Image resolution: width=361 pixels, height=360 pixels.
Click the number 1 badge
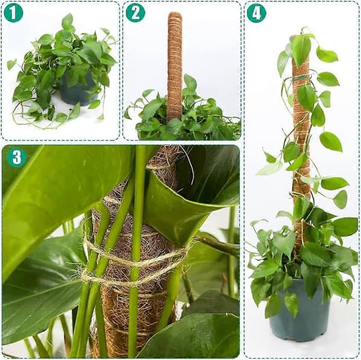tap(13, 13)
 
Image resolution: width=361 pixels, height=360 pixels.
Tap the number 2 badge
tap(135, 13)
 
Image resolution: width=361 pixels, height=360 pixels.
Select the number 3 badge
tap(17, 157)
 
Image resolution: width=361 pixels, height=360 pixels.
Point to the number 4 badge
tap(256, 13)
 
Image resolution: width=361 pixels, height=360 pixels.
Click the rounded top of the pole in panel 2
tap(174, 16)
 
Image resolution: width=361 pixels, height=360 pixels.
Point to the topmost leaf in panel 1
tap(67, 22)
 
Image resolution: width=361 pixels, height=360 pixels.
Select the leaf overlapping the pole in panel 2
tap(190, 85)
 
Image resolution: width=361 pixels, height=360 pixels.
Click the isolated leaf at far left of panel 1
tap(11, 64)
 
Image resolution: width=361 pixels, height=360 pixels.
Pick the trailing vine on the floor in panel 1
tap(39, 122)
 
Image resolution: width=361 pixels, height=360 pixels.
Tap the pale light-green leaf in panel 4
tap(270, 168)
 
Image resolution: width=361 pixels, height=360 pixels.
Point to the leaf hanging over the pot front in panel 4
tap(292, 303)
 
